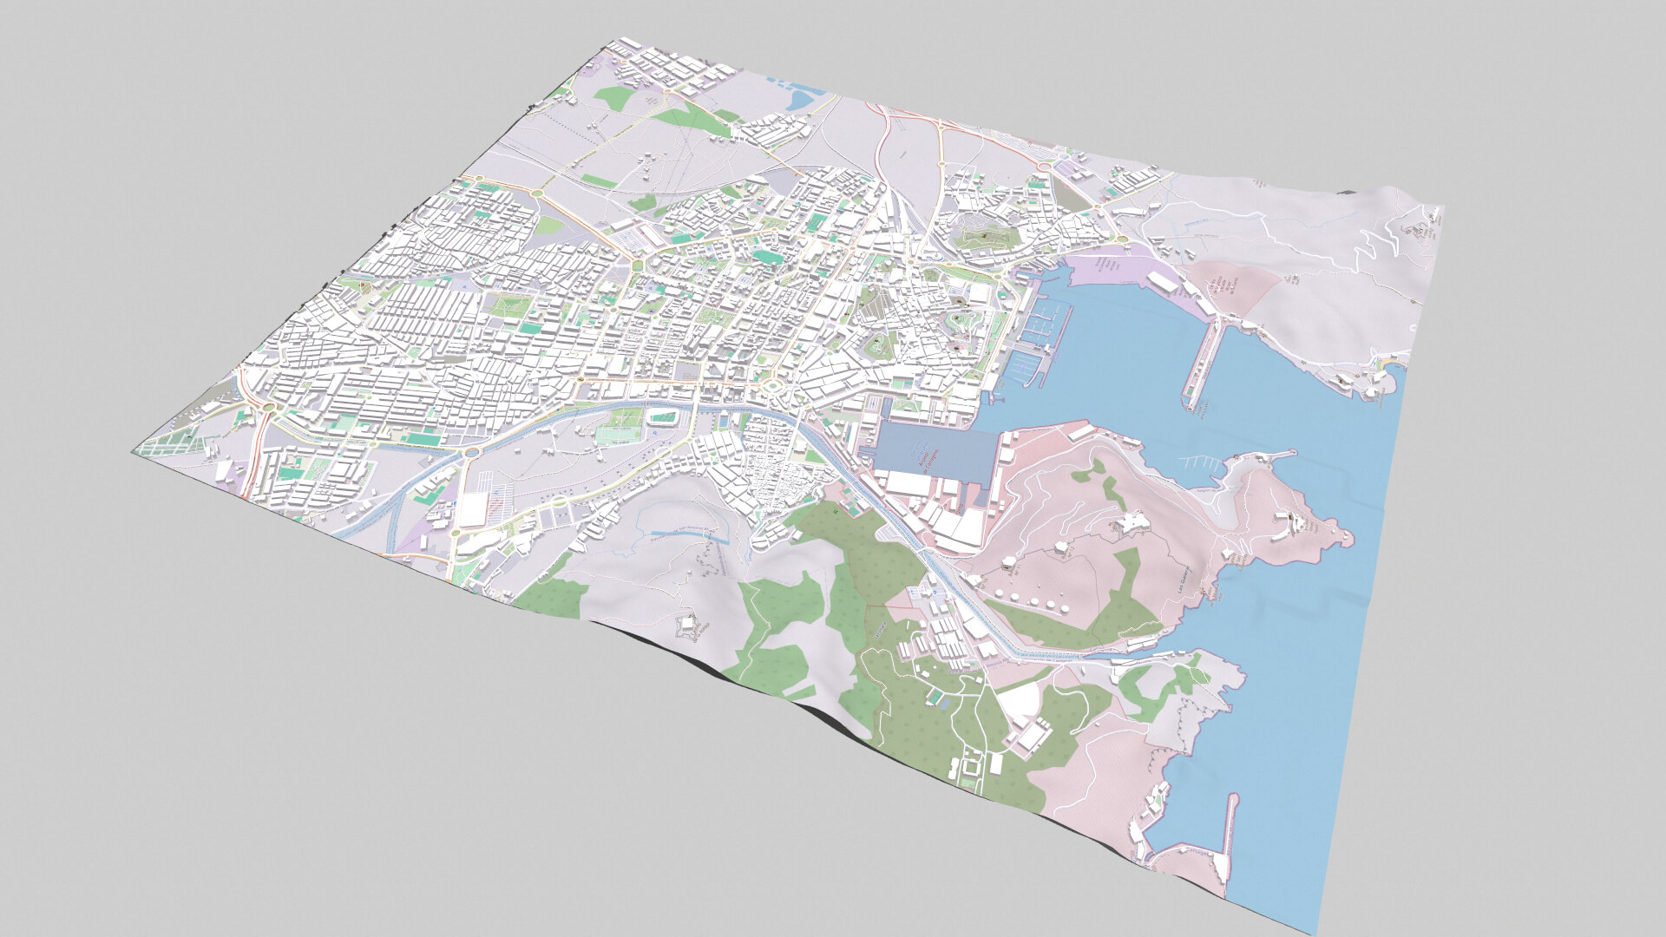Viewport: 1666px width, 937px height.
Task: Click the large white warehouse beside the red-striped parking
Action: click(x=472, y=510)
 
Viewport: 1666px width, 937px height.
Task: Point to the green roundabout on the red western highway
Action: click(x=268, y=406)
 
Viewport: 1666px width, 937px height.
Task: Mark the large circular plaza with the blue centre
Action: click(x=771, y=384)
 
